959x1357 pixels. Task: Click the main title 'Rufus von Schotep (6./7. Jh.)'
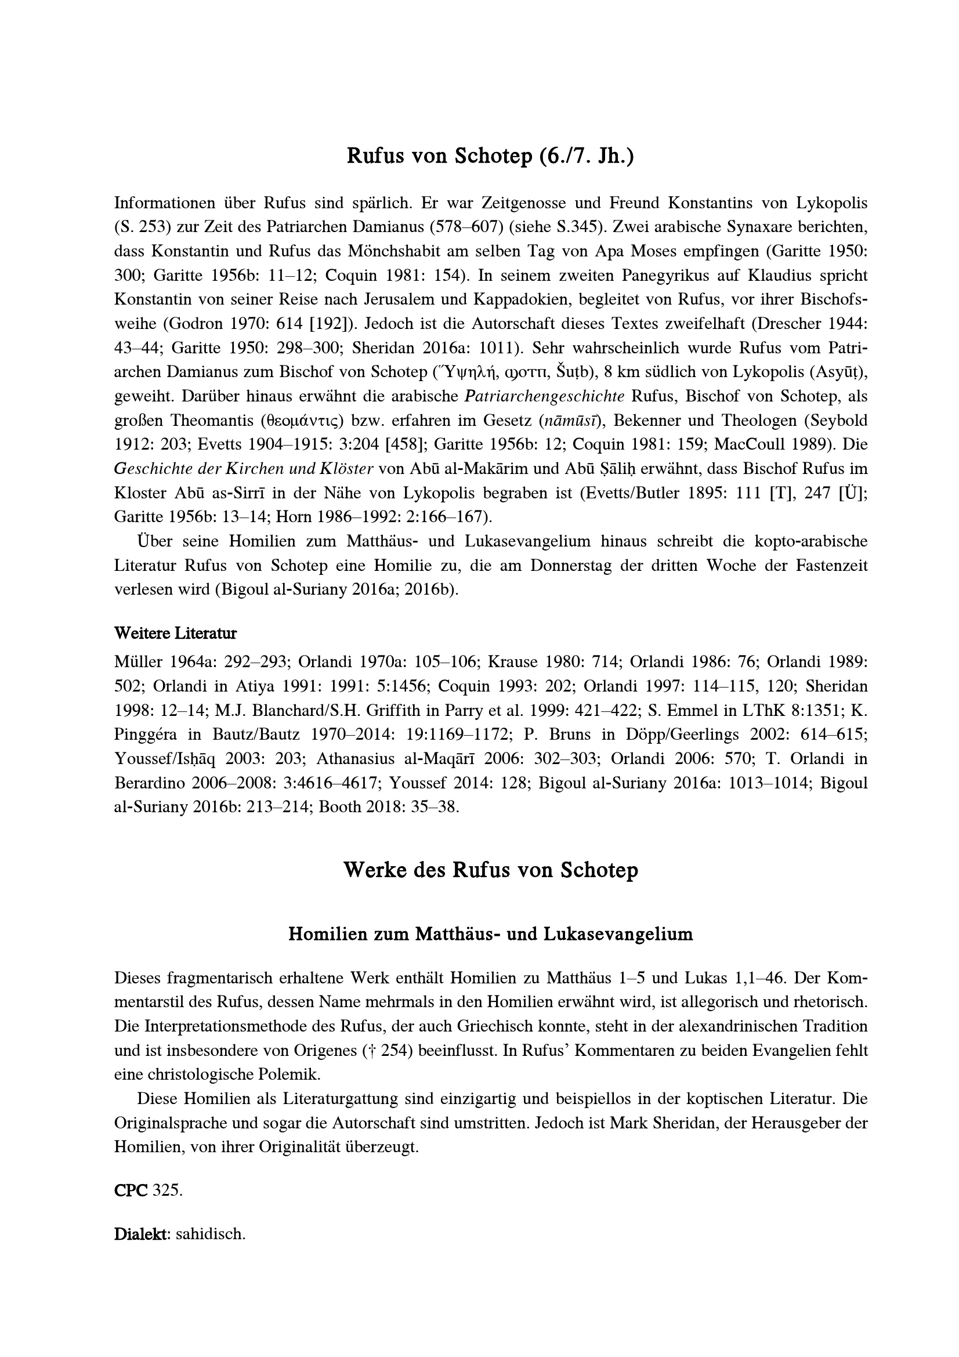[x=490, y=155]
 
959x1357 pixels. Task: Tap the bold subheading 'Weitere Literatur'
[x=175, y=634]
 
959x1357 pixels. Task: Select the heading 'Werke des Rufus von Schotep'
[x=490, y=870]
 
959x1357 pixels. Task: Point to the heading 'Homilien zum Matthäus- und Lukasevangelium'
[x=490, y=934]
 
